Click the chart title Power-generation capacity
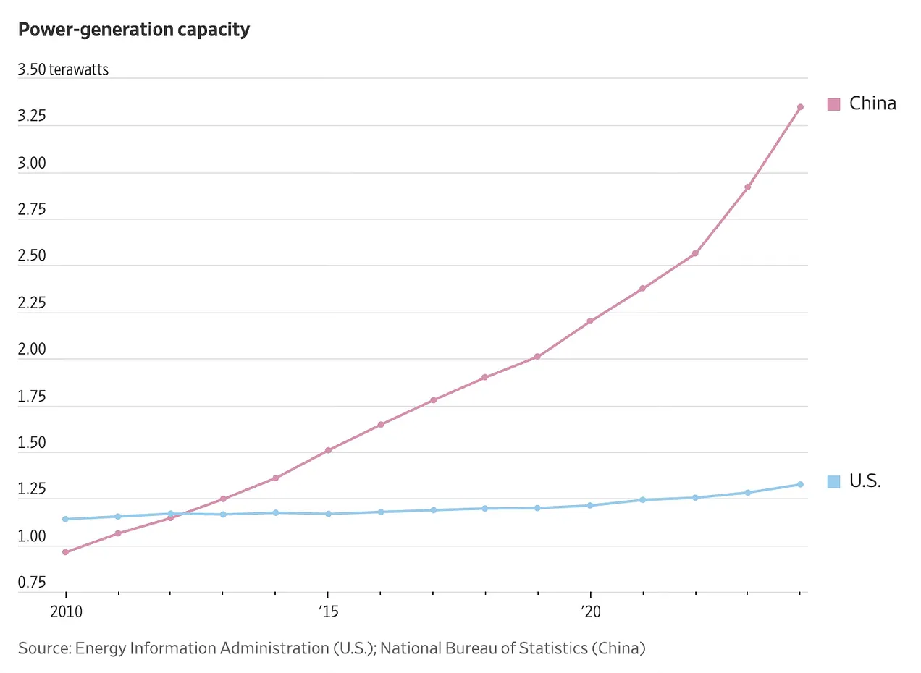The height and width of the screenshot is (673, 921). pyautogui.click(x=134, y=30)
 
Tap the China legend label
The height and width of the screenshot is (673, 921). pyautogui.click(x=872, y=103)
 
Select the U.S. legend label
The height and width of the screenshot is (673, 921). pyautogui.click(x=865, y=481)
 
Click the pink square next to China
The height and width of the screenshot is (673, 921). pyautogui.click(x=834, y=104)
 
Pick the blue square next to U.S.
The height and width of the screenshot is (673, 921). pyautogui.click(x=834, y=481)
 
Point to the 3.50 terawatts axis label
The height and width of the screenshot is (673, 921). pyautogui.click(x=63, y=70)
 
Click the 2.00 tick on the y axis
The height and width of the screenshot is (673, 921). pyautogui.click(x=33, y=350)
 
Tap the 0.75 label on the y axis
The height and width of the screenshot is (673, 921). pyautogui.click(x=33, y=583)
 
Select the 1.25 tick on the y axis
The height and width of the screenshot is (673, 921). pyautogui.click(x=33, y=490)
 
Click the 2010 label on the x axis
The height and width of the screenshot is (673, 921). pyautogui.click(x=66, y=611)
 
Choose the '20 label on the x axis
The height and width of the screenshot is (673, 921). pyautogui.click(x=590, y=611)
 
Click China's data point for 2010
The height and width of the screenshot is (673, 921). pyautogui.click(x=66, y=552)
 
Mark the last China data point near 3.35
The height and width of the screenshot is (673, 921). pyautogui.click(x=800, y=107)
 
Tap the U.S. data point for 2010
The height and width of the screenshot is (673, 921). pyautogui.click(x=66, y=519)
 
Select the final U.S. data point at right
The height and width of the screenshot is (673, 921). pyautogui.click(x=800, y=484)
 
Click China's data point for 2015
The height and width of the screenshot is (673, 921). pyautogui.click(x=328, y=450)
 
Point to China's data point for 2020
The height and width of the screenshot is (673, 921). pyautogui.click(x=590, y=321)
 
